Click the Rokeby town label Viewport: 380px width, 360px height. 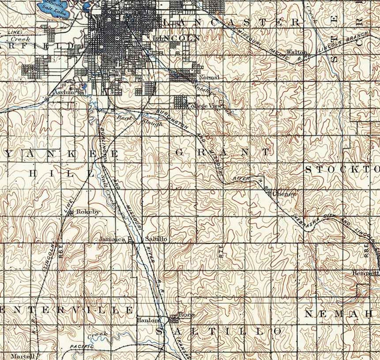(88, 212)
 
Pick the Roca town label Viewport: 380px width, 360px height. (186, 315)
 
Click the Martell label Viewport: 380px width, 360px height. (23, 356)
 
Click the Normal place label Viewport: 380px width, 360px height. (209, 77)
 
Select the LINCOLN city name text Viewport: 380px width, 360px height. (177, 38)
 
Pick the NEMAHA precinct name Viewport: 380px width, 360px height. (338, 314)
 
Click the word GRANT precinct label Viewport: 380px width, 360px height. (222, 153)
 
